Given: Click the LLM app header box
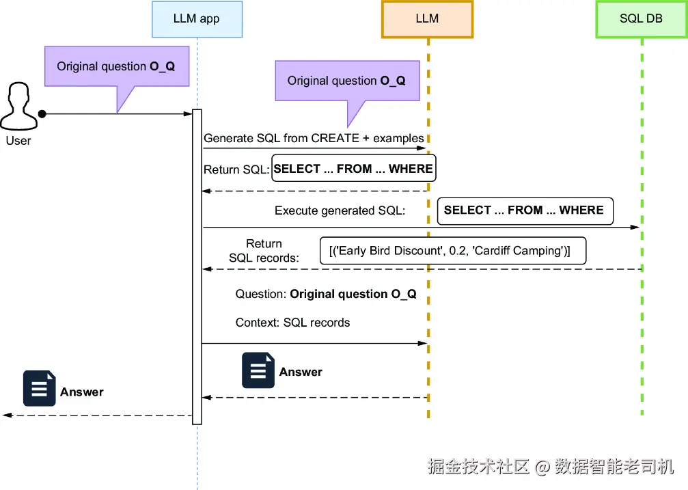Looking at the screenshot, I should coord(197,18).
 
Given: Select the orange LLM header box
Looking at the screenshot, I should coord(427,18).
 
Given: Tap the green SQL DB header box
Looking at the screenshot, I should coord(641,18).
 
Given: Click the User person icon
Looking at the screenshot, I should coord(18,107).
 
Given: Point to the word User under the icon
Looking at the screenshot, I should coord(18,141).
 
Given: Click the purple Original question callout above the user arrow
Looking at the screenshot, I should coord(116,66).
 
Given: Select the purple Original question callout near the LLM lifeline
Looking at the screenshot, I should coord(346,81).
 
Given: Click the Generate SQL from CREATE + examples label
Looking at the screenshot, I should coord(314,138).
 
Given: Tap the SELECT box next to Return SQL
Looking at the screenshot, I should coord(353,169).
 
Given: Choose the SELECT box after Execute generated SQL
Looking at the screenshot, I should coord(525,210).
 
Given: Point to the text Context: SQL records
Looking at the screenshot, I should coord(292,323).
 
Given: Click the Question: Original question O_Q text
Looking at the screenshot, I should coord(326,295).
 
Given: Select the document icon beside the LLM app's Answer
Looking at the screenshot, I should coord(258,371).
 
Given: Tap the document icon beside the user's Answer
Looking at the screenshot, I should coord(39,389).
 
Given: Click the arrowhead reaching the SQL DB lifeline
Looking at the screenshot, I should coord(636,227).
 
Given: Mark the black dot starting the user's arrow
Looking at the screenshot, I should coord(42,113).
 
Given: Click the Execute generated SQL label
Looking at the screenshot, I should coord(340,210).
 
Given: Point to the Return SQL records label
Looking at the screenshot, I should coord(264,251).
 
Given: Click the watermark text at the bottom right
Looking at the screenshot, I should coord(551,467).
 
